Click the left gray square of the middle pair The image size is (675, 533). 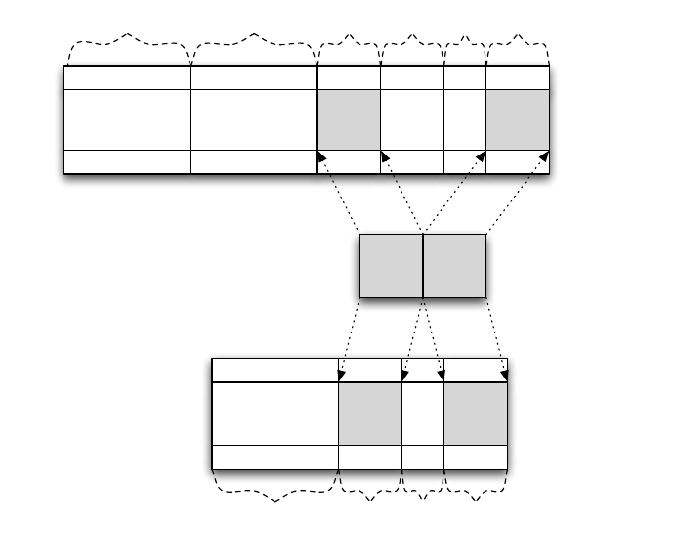coord(391,265)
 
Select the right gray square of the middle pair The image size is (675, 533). coord(454,265)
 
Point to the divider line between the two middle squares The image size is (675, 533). coord(423,265)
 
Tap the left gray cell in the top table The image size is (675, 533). coord(349,119)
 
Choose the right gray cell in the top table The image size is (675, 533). coord(518,119)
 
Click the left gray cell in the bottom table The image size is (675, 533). coord(370,413)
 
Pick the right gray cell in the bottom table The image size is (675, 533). coord(476,413)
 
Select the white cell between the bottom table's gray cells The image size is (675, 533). coord(423,413)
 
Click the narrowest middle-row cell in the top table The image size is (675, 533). coord(465,119)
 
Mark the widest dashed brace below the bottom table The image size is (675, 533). coord(275,489)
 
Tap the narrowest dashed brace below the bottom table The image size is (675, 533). coord(423,488)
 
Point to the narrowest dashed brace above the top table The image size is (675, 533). coord(465,46)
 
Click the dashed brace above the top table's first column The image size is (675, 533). coord(127,44)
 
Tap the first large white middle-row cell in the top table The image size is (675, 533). coord(127,119)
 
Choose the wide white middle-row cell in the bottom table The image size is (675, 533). coord(275,413)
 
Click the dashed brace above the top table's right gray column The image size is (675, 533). coord(518,45)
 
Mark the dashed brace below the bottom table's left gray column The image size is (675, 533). coord(370,489)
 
